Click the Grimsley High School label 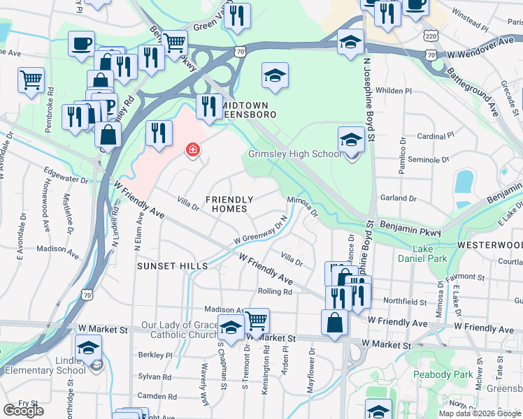[294, 154]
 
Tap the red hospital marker [192, 149]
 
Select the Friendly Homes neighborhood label [227, 204]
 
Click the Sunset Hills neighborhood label [172, 266]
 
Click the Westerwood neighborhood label [489, 246]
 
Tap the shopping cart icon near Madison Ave [257, 321]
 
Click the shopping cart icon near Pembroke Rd [31, 80]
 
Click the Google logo [23, 411]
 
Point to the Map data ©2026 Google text [480, 413]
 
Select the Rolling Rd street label [275, 291]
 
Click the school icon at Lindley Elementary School [89, 347]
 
